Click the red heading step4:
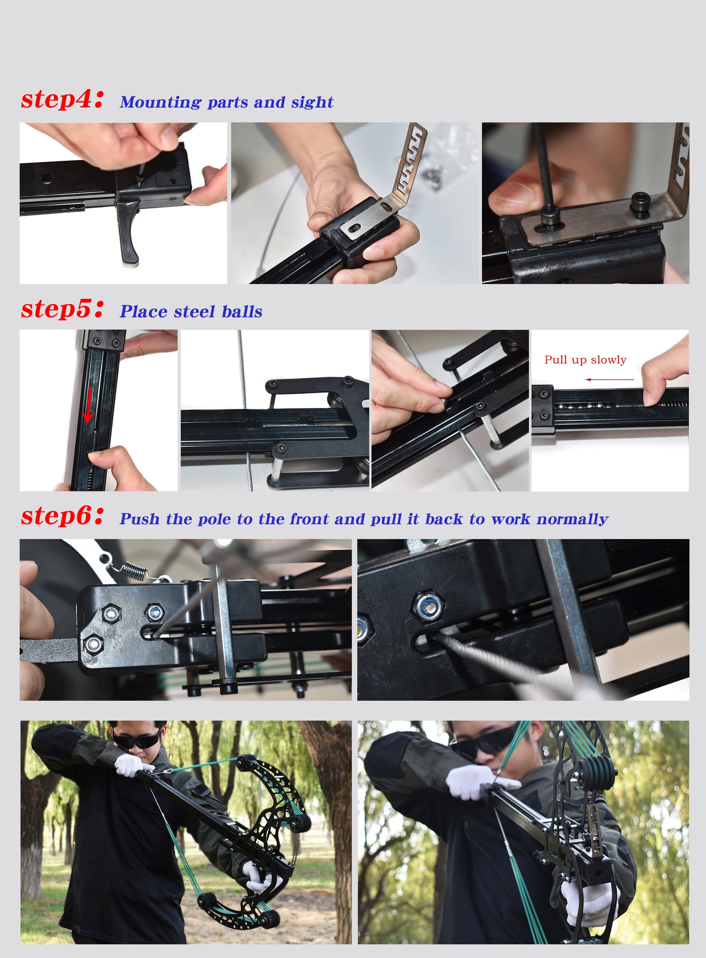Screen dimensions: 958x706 [x=62, y=99]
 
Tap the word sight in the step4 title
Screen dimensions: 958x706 [x=312, y=103]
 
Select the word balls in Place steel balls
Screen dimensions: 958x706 [x=242, y=312]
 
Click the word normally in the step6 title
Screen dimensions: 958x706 [x=572, y=519]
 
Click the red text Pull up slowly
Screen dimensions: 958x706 [x=585, y=360]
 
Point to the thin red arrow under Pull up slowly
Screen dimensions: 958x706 [x=609, y=379]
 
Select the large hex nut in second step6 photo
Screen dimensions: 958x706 [x=429, y=605]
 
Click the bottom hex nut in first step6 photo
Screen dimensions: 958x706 [x=93, y=644]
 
